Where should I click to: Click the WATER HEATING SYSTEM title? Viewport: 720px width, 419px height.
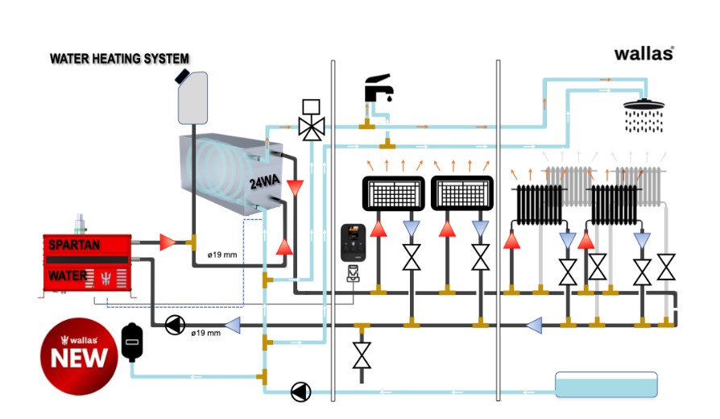click(x=119, y=59)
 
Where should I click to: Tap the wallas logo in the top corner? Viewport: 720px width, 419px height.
click(x=643, y=54)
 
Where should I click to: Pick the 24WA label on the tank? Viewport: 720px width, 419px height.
click(x=263, y=183)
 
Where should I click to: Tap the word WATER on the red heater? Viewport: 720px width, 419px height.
click(x=68, y=275)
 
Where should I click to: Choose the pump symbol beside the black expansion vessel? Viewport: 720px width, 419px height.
click(x=174, y=326)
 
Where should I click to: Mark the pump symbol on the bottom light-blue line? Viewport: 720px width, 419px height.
click(x=300, y=392)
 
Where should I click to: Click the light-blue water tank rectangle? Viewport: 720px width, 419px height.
click(x=606, y=384)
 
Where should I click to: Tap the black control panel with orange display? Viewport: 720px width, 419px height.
click(x=355, y=239)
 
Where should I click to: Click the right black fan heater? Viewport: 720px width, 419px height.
click(x=461, y=193)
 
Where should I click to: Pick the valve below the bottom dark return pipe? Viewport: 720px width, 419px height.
click(x=362, y=355)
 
